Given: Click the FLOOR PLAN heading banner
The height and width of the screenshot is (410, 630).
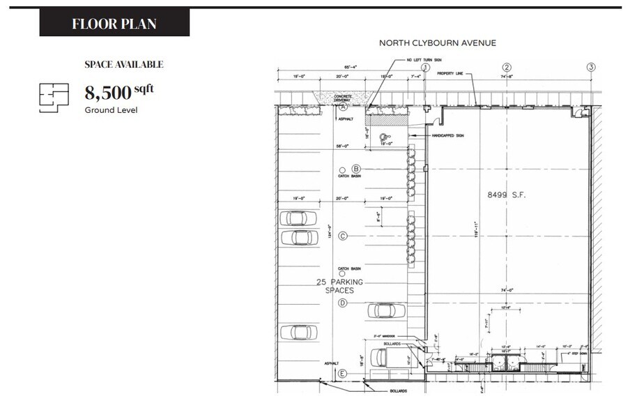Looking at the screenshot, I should tap(114, 24).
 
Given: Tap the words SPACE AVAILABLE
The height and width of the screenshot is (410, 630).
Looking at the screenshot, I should tap(124, 64).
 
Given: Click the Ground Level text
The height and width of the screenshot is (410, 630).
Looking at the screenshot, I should tap(111, 110).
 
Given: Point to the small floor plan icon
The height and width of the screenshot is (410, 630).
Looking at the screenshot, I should tap(54, 98).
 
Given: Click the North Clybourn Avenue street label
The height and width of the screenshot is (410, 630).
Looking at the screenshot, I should tap(438, 43).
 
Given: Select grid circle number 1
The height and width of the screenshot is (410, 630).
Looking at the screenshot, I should tap(426, 68).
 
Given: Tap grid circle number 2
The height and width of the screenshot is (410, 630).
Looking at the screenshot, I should tap(507, 68).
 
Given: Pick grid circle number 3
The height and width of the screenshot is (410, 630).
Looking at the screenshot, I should tap(591, 68).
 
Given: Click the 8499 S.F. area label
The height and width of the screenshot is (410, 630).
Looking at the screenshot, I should tap(505, 195).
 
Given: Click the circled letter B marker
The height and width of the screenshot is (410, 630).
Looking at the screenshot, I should tap(355, 169).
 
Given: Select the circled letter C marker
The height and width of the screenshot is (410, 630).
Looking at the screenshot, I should tap(342, 236).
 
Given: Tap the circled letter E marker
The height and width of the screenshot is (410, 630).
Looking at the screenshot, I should tap(342, 374).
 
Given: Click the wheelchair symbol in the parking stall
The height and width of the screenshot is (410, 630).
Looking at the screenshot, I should tap(382, 137).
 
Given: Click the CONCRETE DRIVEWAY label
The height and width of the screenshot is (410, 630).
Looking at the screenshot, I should tap(343, 98).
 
